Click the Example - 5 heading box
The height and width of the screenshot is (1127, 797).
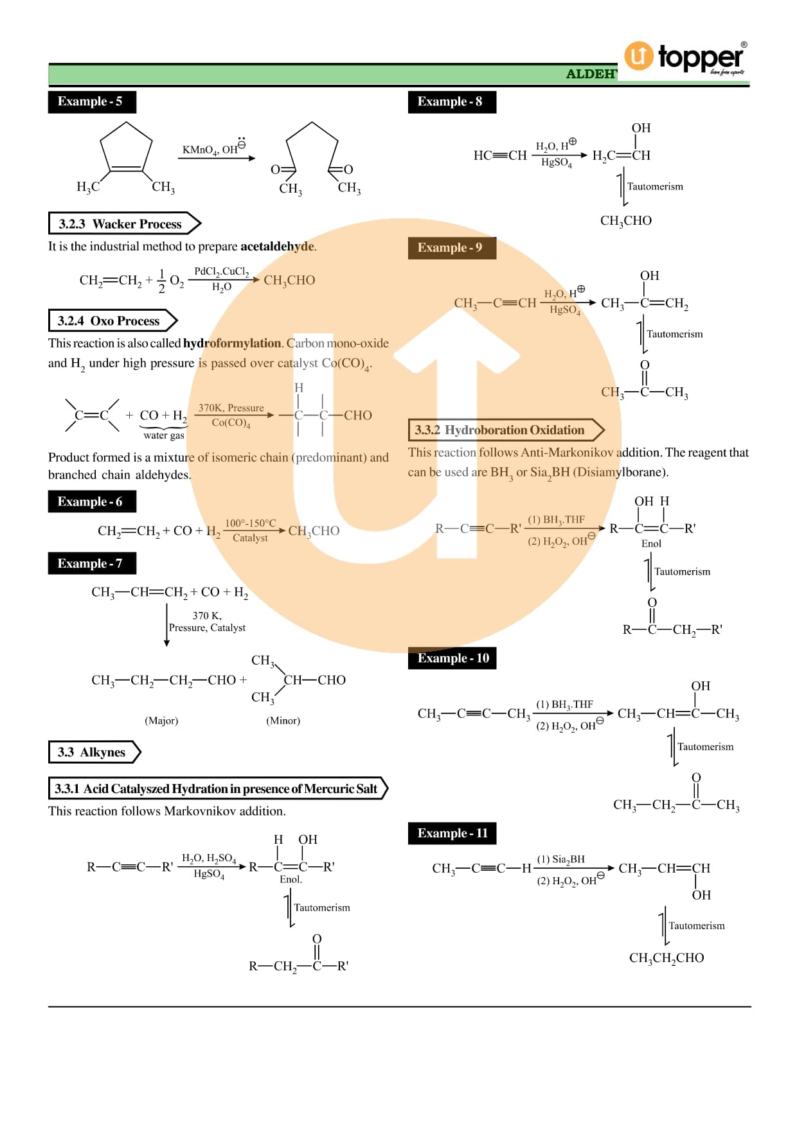tap(91, 101)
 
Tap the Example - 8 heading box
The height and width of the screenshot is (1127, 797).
tap(451, 101)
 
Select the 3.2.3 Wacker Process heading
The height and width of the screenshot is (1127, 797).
tap(121, 223)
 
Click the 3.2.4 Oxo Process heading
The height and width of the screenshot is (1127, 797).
tap(110, 320)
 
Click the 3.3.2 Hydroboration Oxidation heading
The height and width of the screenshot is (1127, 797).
tap(502, 430)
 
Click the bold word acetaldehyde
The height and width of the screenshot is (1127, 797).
tap(277, 246)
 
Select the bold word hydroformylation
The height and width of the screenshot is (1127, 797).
tap(232, 343)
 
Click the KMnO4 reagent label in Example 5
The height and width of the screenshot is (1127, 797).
tap(200, 150)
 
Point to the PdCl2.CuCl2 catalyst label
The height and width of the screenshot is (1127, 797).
tap(221, 272)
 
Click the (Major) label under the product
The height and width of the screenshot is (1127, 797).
tap(161, 721)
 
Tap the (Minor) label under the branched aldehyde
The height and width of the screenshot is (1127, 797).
tap(283, 721)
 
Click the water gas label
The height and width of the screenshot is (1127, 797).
tap(163, 435)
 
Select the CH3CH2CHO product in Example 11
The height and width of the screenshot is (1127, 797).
tap(667, 957)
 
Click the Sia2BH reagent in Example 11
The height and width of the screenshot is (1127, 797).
tap(560, 859)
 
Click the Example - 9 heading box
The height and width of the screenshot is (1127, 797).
tap(451, 248)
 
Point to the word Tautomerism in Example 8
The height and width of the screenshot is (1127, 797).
tap(655, 186)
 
